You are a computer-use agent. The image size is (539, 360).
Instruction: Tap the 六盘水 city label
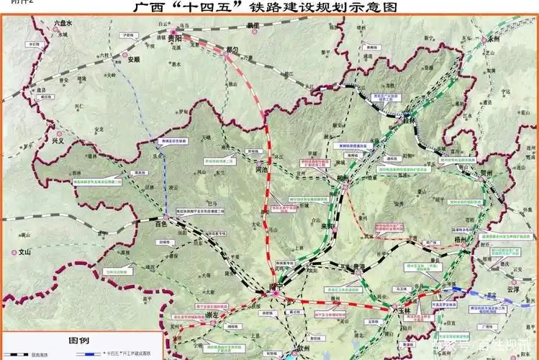tap(63, 24)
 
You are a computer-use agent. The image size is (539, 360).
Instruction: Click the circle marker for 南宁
tap(275, 292)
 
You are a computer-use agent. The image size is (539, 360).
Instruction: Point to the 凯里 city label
tap(251, 25)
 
